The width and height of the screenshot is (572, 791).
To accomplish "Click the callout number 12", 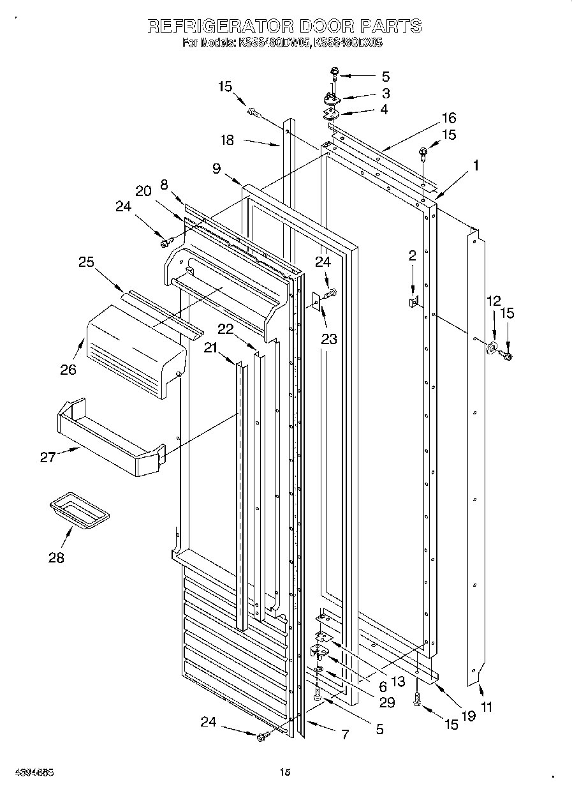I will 494,301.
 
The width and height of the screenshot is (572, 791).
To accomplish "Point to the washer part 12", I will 492,348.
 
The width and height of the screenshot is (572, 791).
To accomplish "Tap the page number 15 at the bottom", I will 285,772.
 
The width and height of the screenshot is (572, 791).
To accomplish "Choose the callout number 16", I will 449,117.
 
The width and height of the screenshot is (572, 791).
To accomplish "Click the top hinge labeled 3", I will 332,96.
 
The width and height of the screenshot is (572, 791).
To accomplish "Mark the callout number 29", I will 386,703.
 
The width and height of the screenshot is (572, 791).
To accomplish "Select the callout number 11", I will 487,707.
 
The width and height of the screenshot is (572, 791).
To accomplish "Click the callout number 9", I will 217,169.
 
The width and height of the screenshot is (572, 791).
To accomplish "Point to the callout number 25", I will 87,262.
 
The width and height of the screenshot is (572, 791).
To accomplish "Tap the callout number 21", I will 211,347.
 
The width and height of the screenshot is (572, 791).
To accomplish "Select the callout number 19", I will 469,716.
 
